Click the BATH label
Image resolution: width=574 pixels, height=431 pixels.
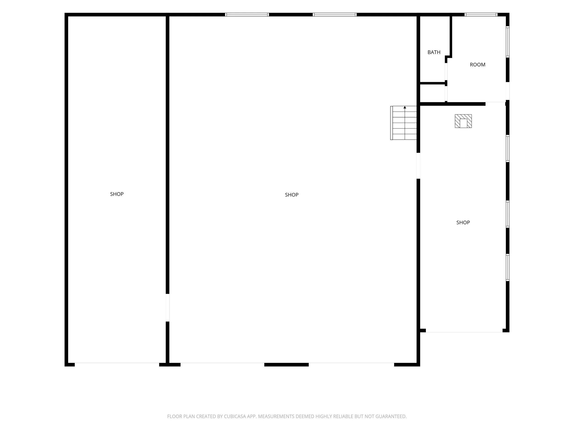(434, 52)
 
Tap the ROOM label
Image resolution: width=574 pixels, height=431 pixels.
(478, 65)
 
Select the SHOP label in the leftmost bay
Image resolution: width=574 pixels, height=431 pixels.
(117, 194)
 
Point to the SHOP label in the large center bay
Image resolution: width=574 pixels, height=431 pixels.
(292, 195)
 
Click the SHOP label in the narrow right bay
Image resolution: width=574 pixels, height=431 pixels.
(463, 222)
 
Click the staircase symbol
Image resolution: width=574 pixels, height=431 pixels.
(403, 123)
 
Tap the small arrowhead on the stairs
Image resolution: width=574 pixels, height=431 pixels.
(405, 107)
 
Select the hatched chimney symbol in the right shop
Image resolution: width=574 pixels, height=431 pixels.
(463, 121)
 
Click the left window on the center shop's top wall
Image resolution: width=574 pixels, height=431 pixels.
(247, 14)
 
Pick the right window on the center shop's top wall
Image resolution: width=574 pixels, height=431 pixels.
(335, 14)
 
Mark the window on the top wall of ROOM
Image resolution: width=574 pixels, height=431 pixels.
(481, 14)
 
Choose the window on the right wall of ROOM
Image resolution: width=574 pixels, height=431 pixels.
(508, 42)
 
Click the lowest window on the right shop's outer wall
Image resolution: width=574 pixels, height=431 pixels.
(508, 268)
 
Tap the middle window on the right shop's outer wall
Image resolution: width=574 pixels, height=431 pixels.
(508, 214)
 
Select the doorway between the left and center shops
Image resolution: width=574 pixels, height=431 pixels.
(168, 308)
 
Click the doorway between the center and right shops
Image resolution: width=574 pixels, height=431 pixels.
(418, 166)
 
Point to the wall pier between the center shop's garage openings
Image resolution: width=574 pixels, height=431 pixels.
(287, 365)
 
